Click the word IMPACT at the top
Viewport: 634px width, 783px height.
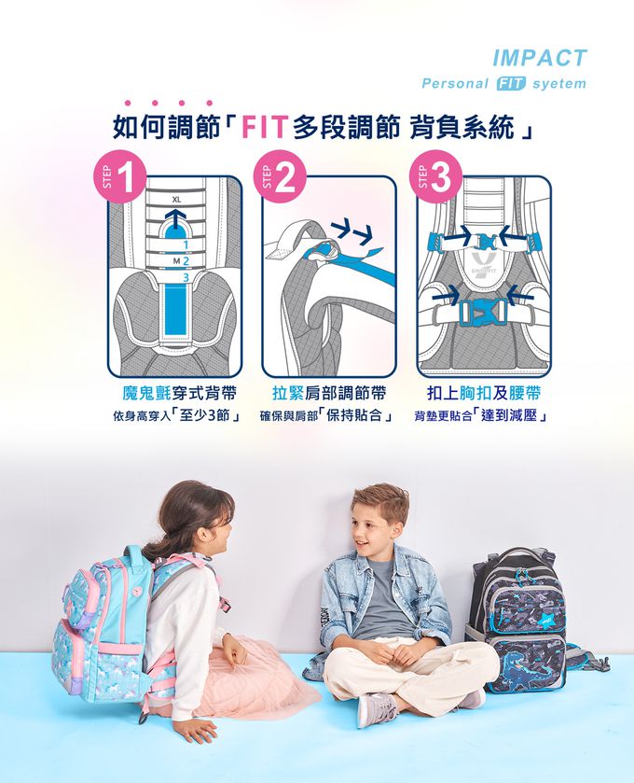pos(540,58)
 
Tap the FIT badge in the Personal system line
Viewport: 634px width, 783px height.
pos(512,84)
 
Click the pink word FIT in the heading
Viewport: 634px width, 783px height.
pos(265,126)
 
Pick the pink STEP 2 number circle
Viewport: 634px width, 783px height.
pos(285,177)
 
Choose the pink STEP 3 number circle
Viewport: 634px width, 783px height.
pos(441,177)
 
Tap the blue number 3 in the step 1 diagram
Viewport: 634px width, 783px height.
pos(186,277)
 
